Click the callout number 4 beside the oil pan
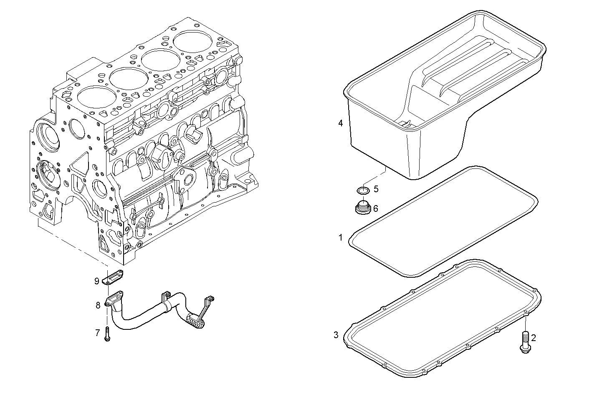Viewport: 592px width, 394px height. coord(341,123)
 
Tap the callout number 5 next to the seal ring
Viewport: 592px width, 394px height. coord(376,189)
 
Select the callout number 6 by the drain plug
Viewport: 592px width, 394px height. coord(376,208)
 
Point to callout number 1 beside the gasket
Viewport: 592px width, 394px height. coord(341,238)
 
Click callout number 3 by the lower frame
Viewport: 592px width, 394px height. coord(336,334)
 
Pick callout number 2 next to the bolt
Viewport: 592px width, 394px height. coord(533,338)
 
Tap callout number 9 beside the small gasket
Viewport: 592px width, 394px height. coord(96,281)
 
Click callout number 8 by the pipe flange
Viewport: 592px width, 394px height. coord(98,305)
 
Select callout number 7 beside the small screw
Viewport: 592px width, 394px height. coord(97,333)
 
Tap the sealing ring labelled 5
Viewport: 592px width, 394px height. coord(363,191)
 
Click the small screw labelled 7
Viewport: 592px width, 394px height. coord(107,334)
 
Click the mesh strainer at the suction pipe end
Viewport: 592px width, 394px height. coord(195,320)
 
